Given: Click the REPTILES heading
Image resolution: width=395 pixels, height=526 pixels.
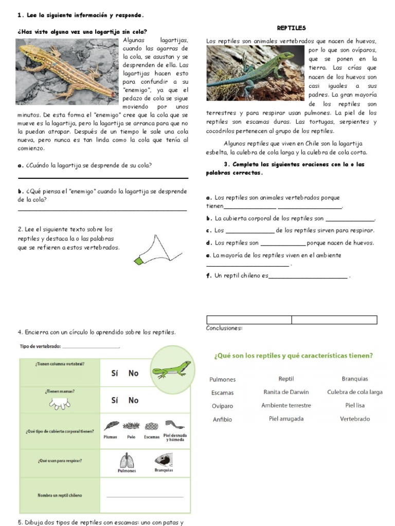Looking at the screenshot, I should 291,28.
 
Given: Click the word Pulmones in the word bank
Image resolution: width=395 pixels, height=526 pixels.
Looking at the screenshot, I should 223,380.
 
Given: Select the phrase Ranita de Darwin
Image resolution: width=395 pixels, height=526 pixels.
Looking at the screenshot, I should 286,392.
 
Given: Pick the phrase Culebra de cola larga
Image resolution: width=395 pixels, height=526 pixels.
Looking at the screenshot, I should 355,392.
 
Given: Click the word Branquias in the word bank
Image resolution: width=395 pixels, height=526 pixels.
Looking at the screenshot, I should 355,379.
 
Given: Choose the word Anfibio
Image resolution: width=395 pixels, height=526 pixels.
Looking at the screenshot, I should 222,419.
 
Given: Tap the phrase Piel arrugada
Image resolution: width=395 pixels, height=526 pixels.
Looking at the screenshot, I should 286,419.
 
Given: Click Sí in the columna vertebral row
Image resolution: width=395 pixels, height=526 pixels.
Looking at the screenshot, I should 115,373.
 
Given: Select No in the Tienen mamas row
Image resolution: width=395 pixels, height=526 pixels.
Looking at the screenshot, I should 133,400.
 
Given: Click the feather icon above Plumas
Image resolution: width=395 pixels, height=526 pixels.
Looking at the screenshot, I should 112,426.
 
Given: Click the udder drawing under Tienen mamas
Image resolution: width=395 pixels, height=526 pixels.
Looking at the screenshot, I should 60,404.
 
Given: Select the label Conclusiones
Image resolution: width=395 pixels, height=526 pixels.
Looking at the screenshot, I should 224,328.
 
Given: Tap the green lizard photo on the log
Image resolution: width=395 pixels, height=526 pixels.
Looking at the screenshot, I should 255,72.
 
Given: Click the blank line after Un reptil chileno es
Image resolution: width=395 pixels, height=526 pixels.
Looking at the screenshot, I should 308,277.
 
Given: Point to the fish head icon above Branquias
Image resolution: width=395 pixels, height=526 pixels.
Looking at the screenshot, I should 164,459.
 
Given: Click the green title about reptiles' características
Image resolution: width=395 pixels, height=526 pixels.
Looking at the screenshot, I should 293,355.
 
